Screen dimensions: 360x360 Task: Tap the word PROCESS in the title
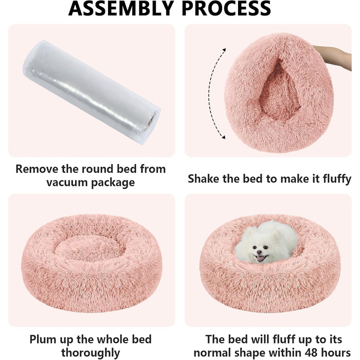(x=226, y=8)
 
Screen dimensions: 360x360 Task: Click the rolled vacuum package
(x=92, y=92)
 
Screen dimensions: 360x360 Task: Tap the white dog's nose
(x=259, y=252)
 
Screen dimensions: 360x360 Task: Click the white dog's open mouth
(x=261, y=258)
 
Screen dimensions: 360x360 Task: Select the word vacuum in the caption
(x=67, y=183)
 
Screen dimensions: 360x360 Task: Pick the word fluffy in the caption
(x=337, y=179)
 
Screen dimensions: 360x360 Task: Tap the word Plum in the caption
(x=43, y=339)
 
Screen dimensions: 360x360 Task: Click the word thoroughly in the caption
(x=91, y=353)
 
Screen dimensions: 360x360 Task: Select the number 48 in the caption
(x=312, y=353)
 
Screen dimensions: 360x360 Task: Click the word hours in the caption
(x=336, y=352)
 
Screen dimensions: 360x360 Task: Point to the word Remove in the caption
(x=37, y=169)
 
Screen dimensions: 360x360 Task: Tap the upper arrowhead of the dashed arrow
(x=224, y=49)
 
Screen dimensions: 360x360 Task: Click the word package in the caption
(x=113, y=183)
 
